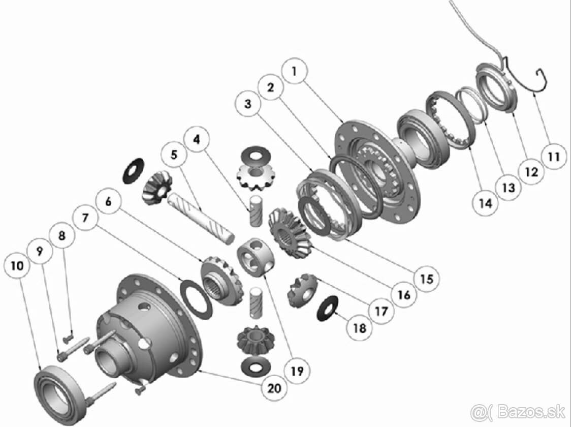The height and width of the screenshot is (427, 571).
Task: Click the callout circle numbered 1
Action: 295,71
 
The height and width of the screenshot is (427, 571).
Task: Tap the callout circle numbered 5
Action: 174,155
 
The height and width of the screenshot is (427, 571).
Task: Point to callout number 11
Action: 553,157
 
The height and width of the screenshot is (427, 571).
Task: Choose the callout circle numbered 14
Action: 486,203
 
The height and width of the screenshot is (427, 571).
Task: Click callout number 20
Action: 274,388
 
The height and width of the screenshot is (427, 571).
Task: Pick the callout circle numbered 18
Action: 360,328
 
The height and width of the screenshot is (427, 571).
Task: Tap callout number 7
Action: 85,218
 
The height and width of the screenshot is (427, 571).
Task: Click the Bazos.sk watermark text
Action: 518,412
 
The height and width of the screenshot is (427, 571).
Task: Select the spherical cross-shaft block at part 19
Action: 256,257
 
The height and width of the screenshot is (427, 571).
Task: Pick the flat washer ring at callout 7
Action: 196,299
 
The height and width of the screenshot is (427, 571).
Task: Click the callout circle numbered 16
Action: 404,294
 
